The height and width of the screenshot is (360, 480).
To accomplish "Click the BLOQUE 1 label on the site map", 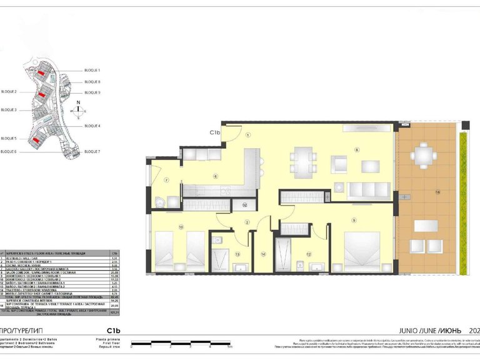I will (x=92, y=71).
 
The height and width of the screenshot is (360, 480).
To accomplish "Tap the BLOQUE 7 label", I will (x=92, y=152).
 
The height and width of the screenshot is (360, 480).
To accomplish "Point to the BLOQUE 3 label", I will (x=9, y=110).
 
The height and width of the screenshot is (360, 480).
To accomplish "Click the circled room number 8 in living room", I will (x=357, y=149).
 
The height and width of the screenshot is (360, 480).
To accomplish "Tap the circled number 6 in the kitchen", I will (x=216, y=176).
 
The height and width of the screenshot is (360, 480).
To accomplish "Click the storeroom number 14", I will (x=263, y=254).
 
